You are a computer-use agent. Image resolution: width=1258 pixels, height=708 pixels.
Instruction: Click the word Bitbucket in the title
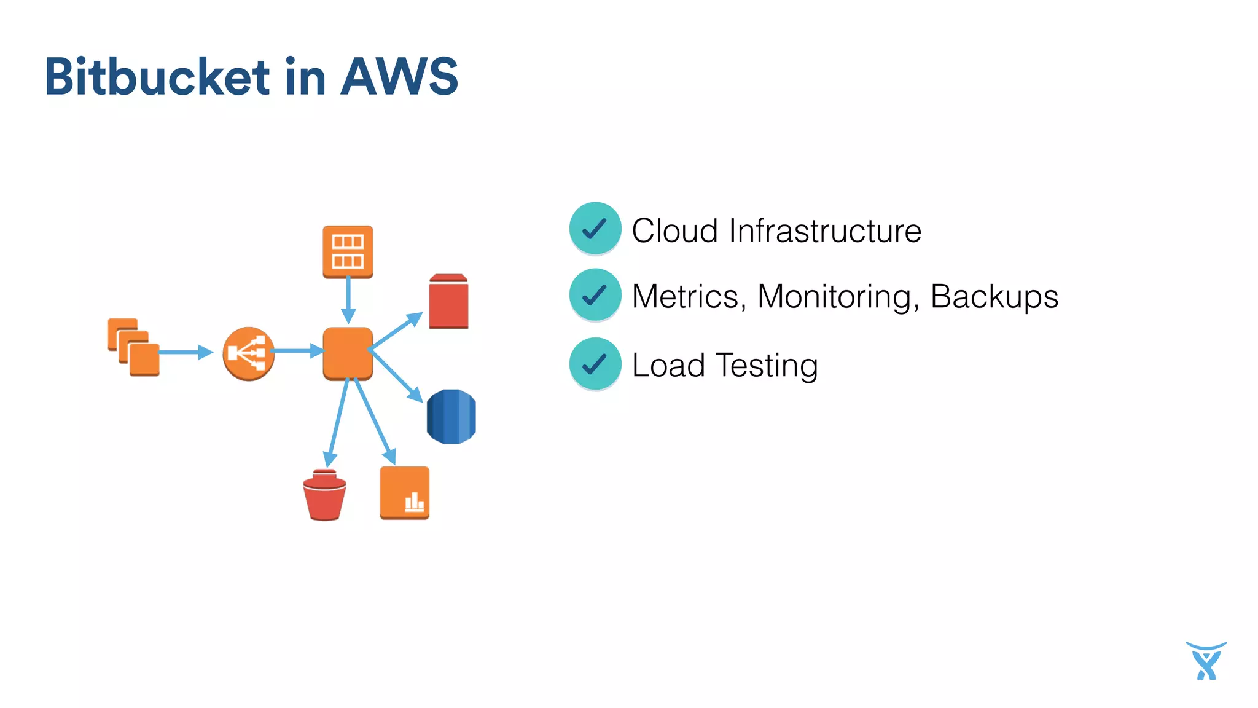[157, 77]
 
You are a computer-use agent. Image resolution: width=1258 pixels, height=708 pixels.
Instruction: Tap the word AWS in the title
[399, 77]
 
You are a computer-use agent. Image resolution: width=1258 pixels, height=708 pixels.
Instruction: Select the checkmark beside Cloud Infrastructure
[595, 229]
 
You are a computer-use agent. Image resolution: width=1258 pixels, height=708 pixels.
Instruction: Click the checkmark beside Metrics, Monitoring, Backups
[595, 295]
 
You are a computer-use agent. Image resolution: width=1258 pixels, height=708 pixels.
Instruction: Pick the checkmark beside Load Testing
[595, 364]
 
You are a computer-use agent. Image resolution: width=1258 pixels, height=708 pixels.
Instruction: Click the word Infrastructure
[825, 231]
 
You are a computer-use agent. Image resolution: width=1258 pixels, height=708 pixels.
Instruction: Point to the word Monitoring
[838, 297]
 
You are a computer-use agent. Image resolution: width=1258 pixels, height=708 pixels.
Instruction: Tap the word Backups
[994, 297]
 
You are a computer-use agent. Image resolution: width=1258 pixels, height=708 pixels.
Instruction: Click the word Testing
[767, 366]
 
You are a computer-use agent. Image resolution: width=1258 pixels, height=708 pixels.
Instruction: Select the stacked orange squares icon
[134, 347]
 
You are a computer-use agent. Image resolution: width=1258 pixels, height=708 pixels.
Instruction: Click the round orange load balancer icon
[248, 353]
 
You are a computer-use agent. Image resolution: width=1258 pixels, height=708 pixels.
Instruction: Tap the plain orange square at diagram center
[348, 353]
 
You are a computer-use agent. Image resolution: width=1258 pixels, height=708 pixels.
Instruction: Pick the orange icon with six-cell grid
[348, 251]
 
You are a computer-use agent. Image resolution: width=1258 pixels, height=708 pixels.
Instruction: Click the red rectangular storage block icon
[448, 302]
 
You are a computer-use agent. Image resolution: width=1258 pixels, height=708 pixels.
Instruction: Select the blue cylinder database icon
[451, 416]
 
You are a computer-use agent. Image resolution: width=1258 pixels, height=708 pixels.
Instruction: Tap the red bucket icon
[324, 495]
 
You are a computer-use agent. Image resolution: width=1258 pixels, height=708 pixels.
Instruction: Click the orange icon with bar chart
[404, 493]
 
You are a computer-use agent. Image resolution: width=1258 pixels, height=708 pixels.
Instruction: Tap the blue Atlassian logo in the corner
[1206, 661]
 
